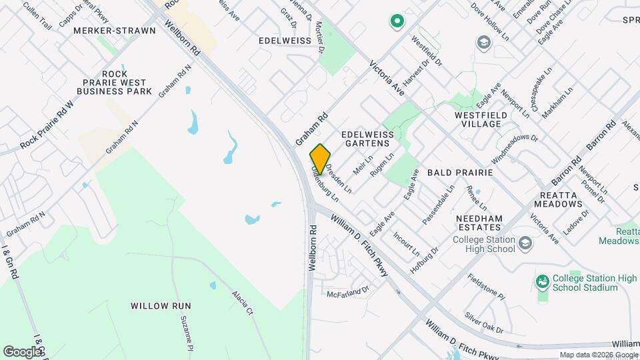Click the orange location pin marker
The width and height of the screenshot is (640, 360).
(x=320, y=159)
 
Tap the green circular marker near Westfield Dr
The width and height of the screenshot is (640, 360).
(x=397, y=22)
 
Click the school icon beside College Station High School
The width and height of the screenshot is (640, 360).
(x=525, y=243)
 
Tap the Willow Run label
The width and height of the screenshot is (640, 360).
(x=161, y=306)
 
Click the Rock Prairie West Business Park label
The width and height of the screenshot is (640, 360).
(x=115, y=82)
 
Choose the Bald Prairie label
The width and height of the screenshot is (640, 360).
(x=460, y=172)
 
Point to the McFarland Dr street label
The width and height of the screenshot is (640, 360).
(x=347, y=292)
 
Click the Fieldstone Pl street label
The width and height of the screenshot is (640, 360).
(x=487, y=287)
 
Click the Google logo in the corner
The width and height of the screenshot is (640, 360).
(x=23, y=351)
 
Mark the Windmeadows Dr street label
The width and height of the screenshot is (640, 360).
(x=514, y=148)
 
